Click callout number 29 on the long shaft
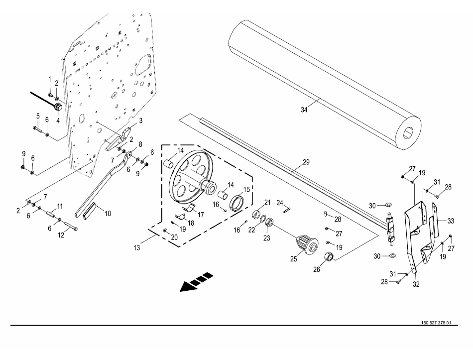pos(306,162)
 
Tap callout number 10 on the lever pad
pos(108,213)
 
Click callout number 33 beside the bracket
pos(451,221)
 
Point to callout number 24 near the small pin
pos(280,202)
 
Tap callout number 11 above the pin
pos(59,206)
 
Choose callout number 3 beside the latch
pos(140,120)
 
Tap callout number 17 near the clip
pos(201,215)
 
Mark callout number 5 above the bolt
pos(38,116)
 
